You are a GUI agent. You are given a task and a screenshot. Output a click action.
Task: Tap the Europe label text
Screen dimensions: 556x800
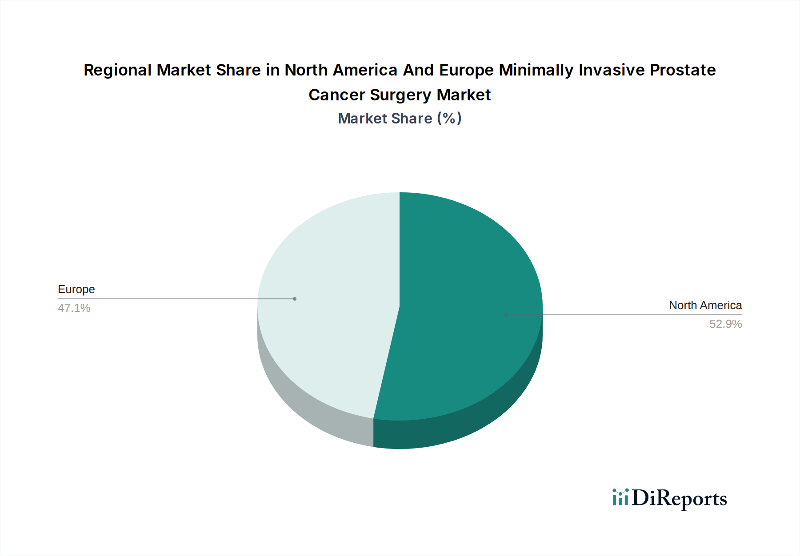tap(76, 290)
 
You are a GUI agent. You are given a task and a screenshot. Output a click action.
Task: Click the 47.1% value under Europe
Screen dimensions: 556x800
tap(74, 308)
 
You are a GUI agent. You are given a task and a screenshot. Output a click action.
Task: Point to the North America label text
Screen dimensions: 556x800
tap(705, 306)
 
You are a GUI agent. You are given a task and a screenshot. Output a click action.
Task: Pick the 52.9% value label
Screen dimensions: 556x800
tap(725, 324)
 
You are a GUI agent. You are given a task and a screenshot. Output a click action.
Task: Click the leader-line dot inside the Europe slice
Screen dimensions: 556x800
tap(295, 299)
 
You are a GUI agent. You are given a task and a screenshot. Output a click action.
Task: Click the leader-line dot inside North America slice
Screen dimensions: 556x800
tap(506, 315)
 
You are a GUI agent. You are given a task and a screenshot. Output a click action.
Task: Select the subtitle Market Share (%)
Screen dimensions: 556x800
tap(400, 119)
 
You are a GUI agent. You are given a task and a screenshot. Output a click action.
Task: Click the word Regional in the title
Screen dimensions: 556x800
tap(117, 70)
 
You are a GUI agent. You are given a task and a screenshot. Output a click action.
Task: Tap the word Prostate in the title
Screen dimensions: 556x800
tap(683, 70)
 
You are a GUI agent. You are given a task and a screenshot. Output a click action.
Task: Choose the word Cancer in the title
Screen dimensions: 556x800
tap(336, 95)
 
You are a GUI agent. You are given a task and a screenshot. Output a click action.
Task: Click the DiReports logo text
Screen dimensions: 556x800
tap(679, 498)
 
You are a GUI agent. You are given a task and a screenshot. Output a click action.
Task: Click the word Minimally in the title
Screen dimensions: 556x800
tap(536, 70)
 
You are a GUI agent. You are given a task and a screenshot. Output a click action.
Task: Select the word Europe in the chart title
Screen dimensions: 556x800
tap(466, 70)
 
